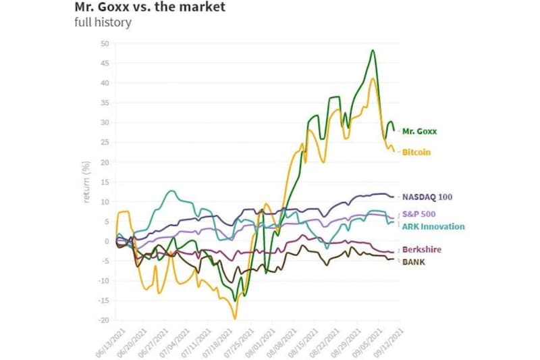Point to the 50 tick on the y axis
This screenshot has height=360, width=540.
click(104, 44)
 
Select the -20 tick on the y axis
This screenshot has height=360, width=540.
click(103, 320)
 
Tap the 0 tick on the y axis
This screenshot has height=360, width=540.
click(106, 241)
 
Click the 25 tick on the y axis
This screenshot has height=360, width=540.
click(104, 143)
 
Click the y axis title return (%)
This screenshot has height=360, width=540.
click(86, 182)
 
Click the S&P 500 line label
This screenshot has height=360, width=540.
click(421, 214)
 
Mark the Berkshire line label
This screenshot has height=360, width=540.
click(422, 250)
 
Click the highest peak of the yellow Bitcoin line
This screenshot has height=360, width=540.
click(373, 78)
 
